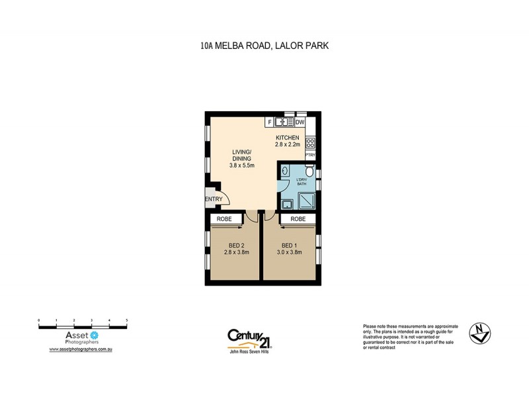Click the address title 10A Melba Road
(264, 46)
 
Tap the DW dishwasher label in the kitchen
(300, 122)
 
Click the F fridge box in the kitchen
(270, 122)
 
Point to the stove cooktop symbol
(309, 142)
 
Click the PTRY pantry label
(310, 155)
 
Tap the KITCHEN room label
(288, 138)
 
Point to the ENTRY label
(213, 199)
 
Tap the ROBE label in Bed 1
(298, 218)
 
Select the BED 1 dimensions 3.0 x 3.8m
(288, 252)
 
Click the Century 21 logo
(249, 339)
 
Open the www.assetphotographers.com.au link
(82, 348)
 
